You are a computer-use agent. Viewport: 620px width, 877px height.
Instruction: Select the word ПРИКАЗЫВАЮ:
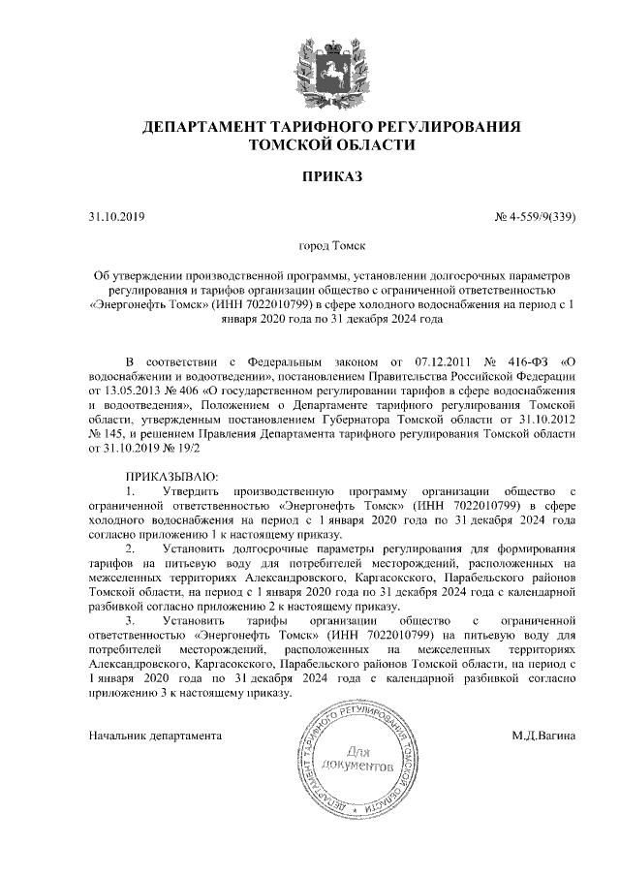coord(172,479)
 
